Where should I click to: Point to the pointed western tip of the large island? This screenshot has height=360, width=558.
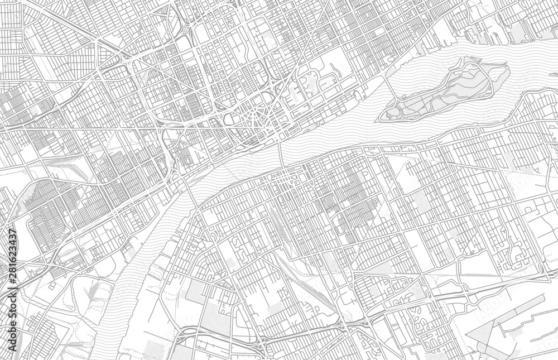click(381, 117)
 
